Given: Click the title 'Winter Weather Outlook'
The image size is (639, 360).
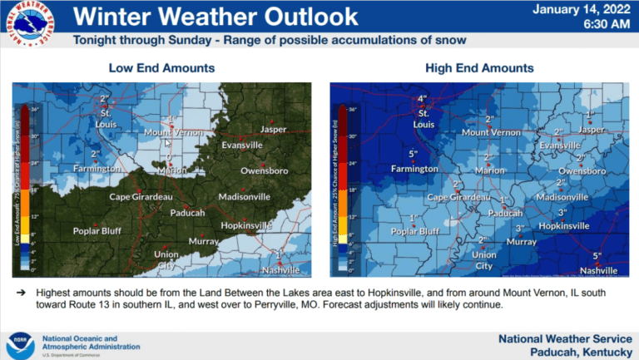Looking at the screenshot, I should pos(216,16).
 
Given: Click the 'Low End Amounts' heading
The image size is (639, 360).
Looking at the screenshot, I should pos(161,67).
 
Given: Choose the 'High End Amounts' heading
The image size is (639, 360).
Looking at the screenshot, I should pos(479,67).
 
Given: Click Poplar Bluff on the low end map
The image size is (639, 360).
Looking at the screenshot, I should pos(98,231).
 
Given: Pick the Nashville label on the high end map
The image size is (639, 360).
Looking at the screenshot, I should pos(598,271).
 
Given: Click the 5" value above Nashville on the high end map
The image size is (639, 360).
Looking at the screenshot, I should pos(597,255).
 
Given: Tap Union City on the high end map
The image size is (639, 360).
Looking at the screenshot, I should pos(484,260).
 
